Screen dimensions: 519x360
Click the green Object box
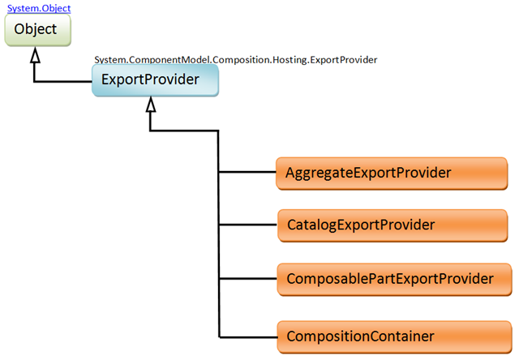38,30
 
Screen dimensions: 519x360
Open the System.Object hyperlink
39,8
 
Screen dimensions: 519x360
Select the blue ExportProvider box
155,80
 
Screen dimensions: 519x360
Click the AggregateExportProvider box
392,174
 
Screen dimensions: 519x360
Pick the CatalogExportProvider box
392,225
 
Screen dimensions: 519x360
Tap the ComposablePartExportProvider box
394,279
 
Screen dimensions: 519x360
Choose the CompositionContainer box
394,336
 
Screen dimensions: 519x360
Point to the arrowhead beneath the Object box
35,55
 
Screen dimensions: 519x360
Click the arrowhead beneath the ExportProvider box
151,105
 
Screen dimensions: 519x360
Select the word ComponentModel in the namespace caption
169,60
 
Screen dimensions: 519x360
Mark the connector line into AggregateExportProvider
247,172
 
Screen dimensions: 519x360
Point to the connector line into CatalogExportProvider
248,225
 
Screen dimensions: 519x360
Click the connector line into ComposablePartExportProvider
248,279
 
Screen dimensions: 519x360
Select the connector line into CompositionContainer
248,337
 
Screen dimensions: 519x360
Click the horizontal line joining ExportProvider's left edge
63,81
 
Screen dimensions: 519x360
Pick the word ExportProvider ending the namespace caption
344,60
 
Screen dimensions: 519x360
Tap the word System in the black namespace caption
110,60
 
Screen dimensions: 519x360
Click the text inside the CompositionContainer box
360,336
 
